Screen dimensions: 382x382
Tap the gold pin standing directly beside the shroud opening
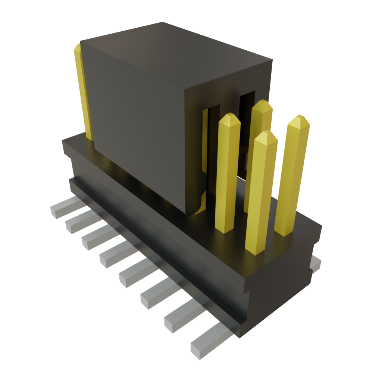pos(228,172)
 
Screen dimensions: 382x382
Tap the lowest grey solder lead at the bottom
pos(203,347)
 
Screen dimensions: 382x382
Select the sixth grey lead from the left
pos(156,297)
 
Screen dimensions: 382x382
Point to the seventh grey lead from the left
pos(179,319)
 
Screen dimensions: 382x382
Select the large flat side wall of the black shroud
pos(138,123)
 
